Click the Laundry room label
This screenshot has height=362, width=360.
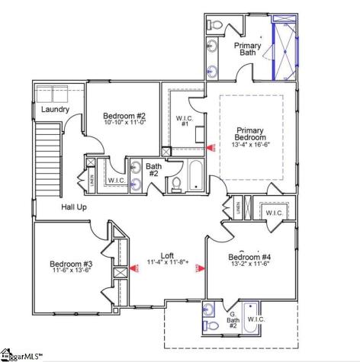click(x=56, y=110)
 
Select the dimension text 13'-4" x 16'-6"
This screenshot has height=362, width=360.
click(x=249, y=144)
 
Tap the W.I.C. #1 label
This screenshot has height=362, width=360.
click(x=185, y=122)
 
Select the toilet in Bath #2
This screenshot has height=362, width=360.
click(x=175, y=184)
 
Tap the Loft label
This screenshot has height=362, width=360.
click(x=167, y=256)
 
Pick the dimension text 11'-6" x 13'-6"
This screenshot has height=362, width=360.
click(x=72, y=270)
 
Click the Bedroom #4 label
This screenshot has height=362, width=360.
click(x=250, y=257)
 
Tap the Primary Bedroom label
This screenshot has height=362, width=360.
click(x=249, y=133)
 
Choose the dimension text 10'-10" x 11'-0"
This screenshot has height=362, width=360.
click(x=124, y=123)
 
